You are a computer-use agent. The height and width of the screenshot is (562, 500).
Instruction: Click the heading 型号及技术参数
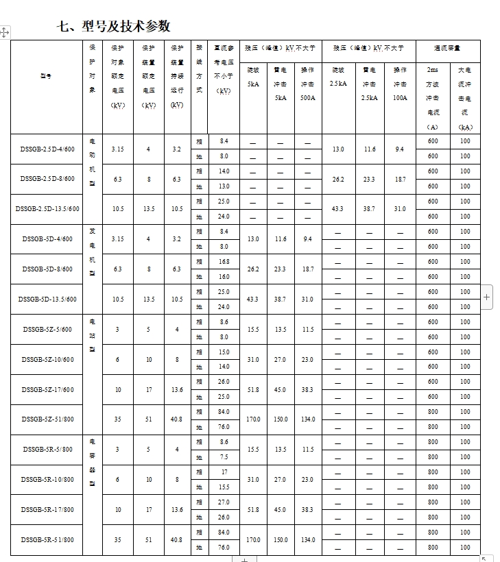(x=115, y=27)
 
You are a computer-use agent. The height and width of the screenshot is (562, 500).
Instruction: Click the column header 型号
(x=46, y=76)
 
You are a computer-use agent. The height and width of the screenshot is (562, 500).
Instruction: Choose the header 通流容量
(x=447, y=49)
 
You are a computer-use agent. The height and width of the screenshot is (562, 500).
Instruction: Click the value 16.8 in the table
(x=224, y=262)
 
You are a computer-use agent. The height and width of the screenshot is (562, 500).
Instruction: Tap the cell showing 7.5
(x=224, y=457)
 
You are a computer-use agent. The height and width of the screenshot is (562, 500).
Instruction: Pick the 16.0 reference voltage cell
(x=224, y=277)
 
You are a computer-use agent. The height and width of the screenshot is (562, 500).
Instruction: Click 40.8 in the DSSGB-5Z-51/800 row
(x=177, y=419)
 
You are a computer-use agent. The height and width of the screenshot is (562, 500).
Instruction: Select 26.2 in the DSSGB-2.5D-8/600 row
(x=337, y=179)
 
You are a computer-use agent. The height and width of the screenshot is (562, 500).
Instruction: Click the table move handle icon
(x=5, y=32)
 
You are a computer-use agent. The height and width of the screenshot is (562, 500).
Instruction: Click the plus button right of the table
(x=487, y=297)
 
